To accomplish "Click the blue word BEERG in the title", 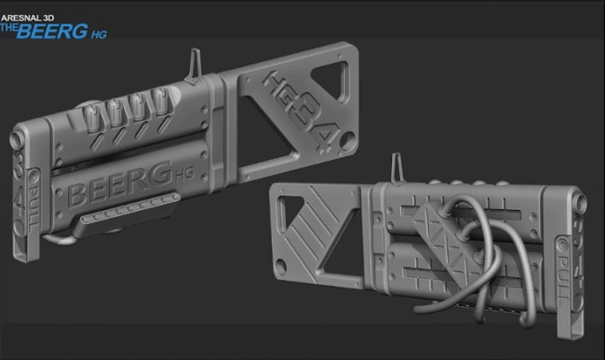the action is pyautogui.click(x=52, y=32).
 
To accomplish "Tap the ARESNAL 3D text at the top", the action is pyautogui.click(x=28, y=18).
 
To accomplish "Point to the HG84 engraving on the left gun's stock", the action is pyautogui.click(x=301, y=111).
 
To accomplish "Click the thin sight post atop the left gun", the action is pyautogui.click(x=195, y=66).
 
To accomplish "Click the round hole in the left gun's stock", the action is pyautogui.click(x=348, y=140).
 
